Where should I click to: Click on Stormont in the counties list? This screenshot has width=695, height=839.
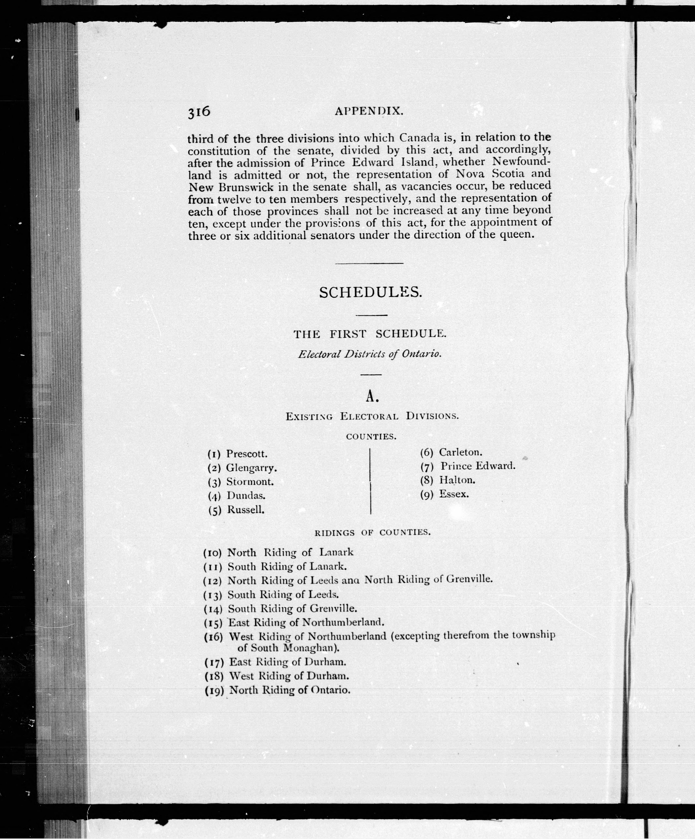click(x=250, y=482)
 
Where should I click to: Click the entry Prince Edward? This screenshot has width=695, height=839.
click(x=478, y=466)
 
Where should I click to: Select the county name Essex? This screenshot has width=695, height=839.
click(x=454, y=494)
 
